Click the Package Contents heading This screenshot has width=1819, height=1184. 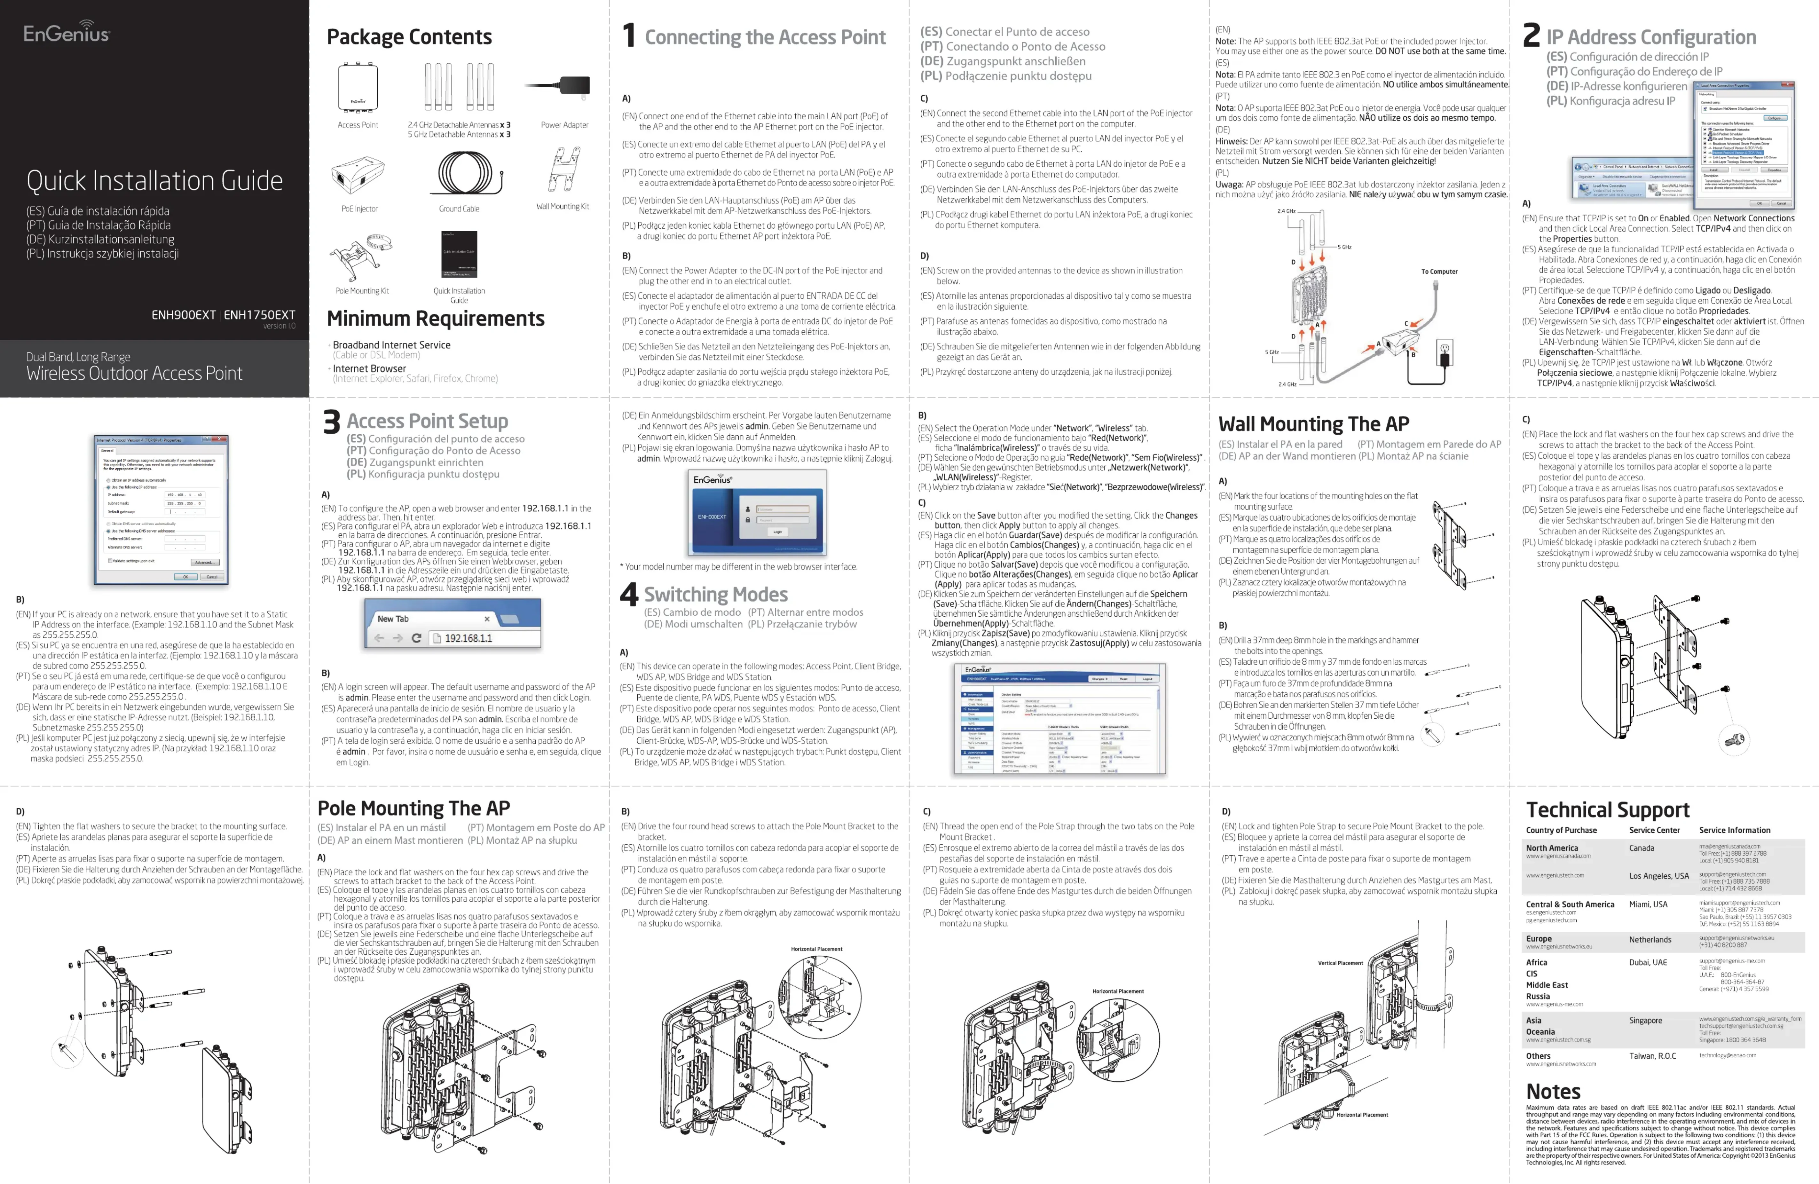(x=409, y=37)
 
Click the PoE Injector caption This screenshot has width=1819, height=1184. (x=359, y=209)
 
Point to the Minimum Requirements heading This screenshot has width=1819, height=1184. (x=436, y=319)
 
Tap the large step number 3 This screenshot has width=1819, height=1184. (x=331, y=422)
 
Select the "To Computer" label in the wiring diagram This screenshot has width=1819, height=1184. (x=1439, y=271)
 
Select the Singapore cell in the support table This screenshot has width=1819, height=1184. (x=1645, y=1021)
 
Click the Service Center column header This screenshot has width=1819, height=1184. (x=1654, y=830)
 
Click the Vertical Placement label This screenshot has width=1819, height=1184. (x=1340, y=963)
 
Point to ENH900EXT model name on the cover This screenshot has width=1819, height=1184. (x=184, y=315)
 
